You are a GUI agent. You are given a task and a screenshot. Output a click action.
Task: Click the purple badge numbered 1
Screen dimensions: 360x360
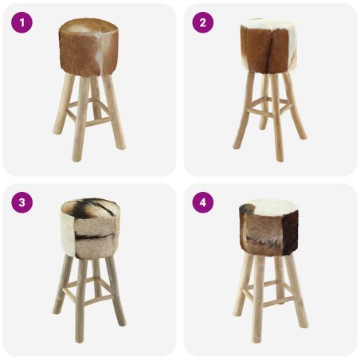[x=22, y=23]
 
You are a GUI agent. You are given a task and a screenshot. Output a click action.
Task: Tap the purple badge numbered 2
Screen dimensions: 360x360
[x=202, y=23]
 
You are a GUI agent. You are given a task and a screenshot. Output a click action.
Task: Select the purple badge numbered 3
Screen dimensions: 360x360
[x=22, y=202]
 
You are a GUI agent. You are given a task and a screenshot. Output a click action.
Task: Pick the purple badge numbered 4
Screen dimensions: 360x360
[x=202, y=202]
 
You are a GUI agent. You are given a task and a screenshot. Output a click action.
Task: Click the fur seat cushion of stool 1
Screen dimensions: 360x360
[x=89, y=48]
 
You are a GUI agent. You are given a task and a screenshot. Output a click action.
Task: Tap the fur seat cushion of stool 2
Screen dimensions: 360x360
[x=271, y=48]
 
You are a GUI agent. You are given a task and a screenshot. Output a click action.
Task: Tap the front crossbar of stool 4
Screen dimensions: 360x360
[x=270, y=303]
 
